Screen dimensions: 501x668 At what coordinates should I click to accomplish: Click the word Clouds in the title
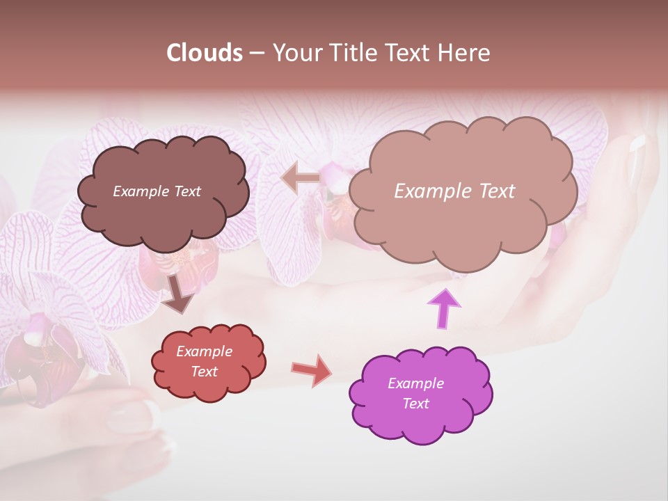click(204, 53)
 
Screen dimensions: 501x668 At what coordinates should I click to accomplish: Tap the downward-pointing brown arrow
click(179, 294)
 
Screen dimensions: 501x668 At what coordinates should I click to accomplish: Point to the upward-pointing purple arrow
click(444, 308)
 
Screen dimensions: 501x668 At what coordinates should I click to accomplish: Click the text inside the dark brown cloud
click(157, 191)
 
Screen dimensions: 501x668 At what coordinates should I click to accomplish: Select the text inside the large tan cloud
click(454, 191)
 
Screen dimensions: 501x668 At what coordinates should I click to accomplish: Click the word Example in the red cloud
click(204, 351)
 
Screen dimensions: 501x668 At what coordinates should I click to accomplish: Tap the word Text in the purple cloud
click(415, 404)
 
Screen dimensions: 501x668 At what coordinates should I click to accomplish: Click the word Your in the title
click(293, 53)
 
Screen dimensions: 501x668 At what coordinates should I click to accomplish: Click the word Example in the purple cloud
click(415, 383)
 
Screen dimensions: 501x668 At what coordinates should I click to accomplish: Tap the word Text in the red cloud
click(204, 372)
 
